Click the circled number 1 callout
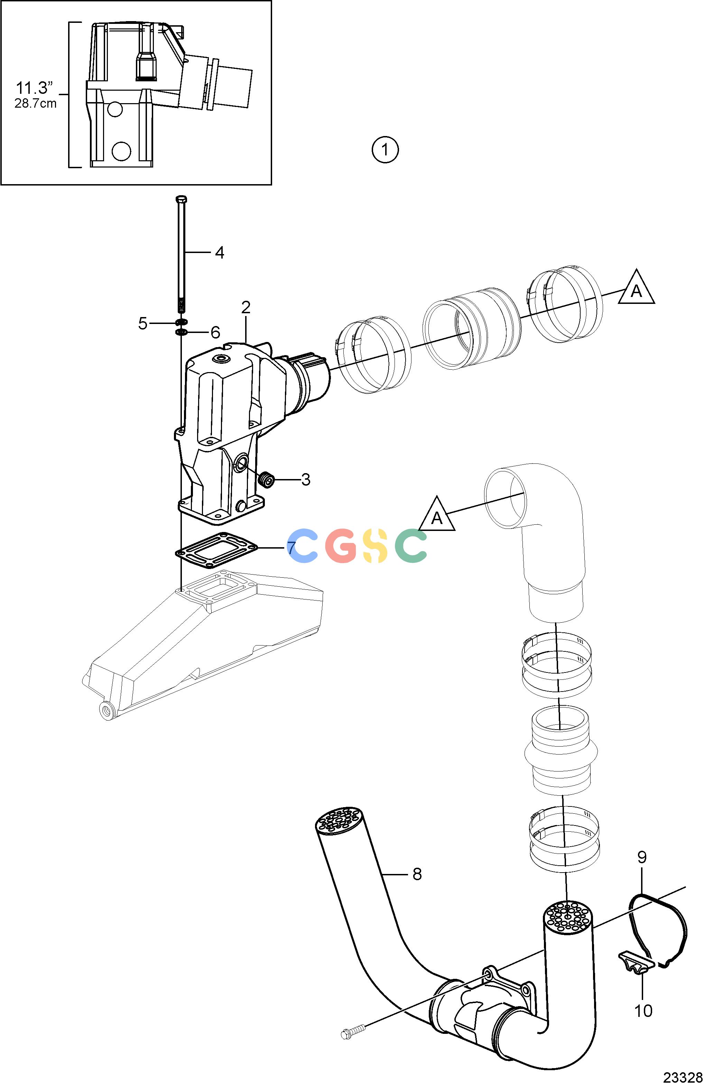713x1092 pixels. pos(385,150)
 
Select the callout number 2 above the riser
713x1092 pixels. pos(246,307)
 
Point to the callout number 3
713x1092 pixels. pos(305,480)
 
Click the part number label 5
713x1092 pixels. pos(143,324)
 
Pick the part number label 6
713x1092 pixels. pos(215,332)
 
